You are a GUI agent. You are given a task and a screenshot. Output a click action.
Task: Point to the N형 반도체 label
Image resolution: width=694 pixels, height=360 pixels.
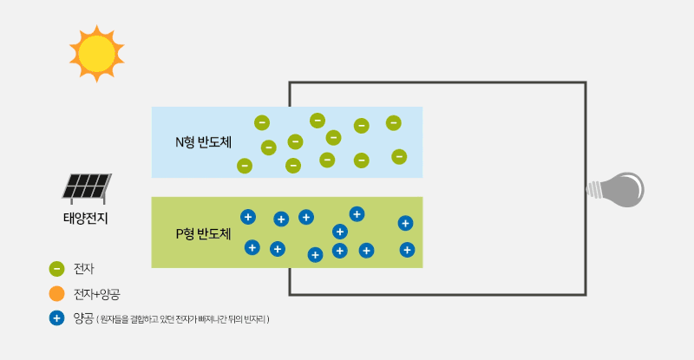pyautogui.click(x=203, y=141)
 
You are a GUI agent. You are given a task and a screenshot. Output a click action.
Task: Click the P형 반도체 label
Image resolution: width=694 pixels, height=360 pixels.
pyautogui.click(x=203, y=233)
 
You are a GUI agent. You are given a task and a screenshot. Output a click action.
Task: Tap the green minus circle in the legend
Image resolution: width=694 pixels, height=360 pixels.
pyautogui.click(x=57, y=269)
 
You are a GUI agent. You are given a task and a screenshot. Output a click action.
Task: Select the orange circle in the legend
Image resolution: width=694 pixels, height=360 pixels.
pyautogui.click(x=57, y=293)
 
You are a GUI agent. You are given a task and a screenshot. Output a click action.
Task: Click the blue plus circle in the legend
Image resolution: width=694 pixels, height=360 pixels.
pyautogui.click(x=57, y=318)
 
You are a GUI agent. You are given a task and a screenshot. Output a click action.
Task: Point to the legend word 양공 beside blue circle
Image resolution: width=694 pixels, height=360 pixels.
pyautogui.click(x=83, y=318)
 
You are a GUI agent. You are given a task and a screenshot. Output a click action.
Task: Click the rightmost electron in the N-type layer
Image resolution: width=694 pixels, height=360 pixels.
pyautogui.click(x=399, y=157)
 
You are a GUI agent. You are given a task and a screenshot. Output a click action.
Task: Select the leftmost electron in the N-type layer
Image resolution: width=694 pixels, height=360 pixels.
pyautogui.click(x=245, y=165)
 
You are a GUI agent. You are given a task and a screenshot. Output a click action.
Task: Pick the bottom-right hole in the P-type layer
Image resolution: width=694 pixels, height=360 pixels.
pyautogui.click(x=407, y=250)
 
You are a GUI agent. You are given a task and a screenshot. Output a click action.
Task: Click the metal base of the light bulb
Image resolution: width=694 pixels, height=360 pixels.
pyautogui.click(x=597, y=188)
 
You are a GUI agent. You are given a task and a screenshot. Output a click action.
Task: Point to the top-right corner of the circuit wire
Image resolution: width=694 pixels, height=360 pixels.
pyautogui.click(x=586, y=83)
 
